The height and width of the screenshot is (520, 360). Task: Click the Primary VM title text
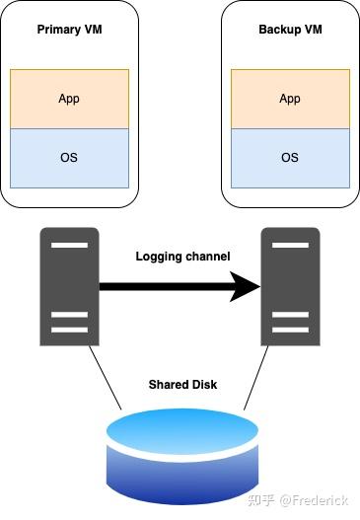pyautogui.click(x=69, y=30)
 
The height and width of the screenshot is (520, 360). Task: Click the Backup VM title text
pyautogui.click(x=290, y=30)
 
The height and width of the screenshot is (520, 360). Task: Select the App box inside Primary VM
pyautogui.click(x=69, y=99)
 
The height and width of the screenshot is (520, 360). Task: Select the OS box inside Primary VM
pyautogui.click(x=69, y=158)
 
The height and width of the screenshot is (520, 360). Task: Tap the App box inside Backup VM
pyautogui.click(x=290, y=99)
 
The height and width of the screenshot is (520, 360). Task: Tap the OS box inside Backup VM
pyautogui.click(x=290, y=158)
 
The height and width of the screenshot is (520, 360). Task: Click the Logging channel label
pyautogui.click(x=182, y=257)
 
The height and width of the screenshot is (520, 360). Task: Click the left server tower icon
pyautogui.click(x=69, y=286)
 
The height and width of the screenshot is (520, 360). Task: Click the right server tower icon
pyautogui.click(x=290, y=286)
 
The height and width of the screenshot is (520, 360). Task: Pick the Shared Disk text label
pyautogui.click(x=182, y=384)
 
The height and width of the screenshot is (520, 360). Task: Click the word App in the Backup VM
pyautogui.click(x=290, y=99)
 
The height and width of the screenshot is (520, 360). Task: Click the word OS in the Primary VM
pyautogui.click(x=69, y=158)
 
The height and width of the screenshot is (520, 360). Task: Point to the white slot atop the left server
pyautogui.click(x=69, y=243)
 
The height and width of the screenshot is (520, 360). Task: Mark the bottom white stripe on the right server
pyautogui.click(x=290, y=330)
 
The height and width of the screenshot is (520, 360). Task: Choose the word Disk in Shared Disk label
pyautogui.click(x=202, y=384)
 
